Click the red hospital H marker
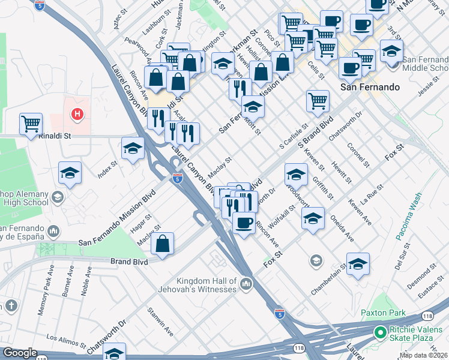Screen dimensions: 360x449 coord(77,113)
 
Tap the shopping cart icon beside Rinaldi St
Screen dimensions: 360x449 coord(31,124)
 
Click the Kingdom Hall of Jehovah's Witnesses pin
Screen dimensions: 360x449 coord(246,283)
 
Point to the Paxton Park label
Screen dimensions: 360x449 coord(383,313)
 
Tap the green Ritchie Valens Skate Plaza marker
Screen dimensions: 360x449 coord(379,332)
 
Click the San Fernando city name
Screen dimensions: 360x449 coord(370,87)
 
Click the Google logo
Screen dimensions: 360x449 coord(20,353)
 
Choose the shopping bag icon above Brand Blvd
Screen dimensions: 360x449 coord(163,244)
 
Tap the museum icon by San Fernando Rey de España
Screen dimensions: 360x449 coord(53,231)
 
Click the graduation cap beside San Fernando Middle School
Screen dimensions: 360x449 coord(391,51)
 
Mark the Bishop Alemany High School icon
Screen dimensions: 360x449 coord(57,197)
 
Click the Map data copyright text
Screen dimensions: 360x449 coord(423,355)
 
